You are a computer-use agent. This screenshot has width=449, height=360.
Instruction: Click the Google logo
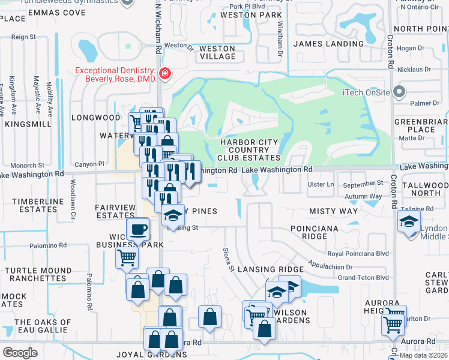pyautogui.click(x=20, y=352)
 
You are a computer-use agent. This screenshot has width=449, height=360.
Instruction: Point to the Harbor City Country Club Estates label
pyautogui.click(x=250, y=150)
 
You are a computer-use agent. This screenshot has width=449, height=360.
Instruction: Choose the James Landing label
pyautogui.click(x=328, y=44)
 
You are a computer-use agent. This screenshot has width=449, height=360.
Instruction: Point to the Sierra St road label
pyautogui.click(x=229, y=254)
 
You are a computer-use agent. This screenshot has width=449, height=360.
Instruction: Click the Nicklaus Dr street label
pyautogui.click(x=414, y=69)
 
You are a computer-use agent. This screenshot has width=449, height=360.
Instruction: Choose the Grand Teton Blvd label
pyautogui.click(x=363, y=278)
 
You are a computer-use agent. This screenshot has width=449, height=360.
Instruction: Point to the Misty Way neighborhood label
pyautogui.click(x=333, y=212)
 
